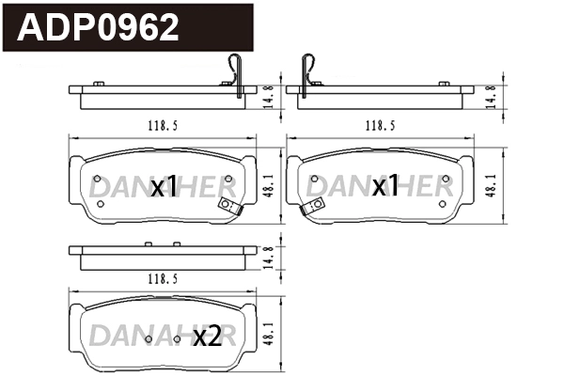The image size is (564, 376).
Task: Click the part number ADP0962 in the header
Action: (x=99, y=28)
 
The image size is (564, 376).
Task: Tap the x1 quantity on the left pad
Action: (x=164, y=188)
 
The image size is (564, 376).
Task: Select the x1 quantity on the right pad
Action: (x=384, y=187)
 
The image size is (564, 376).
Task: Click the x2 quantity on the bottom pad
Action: (x=206, y=337)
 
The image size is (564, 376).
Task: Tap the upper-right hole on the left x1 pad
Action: (x=229, y=179)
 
